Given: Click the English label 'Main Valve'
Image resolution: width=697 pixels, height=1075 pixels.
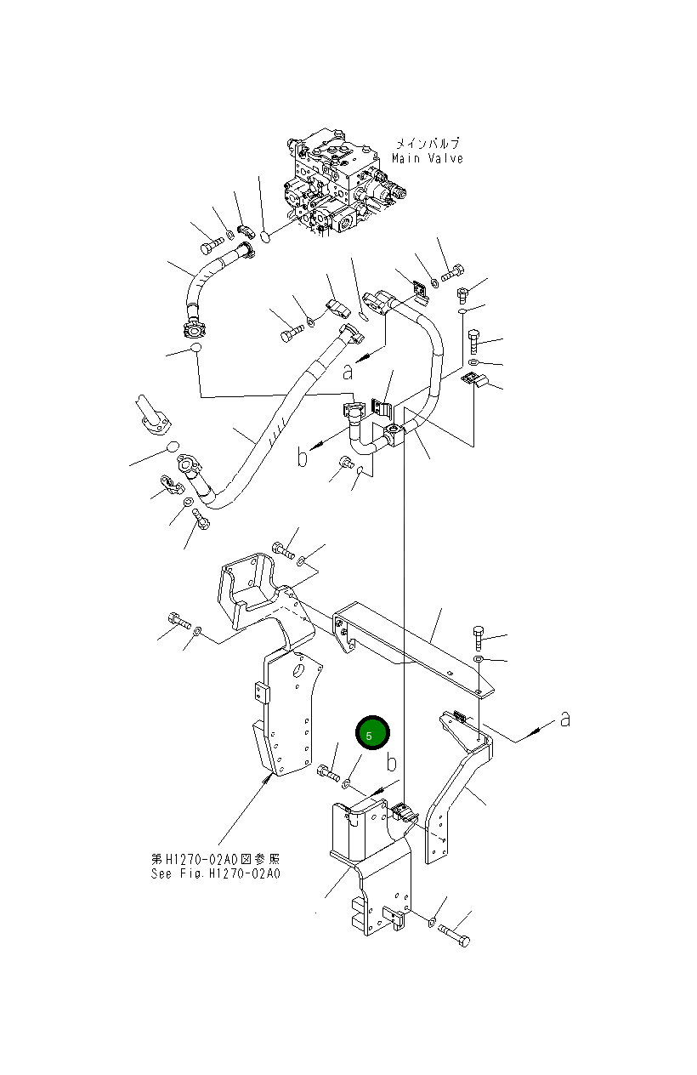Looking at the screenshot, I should (x=428, y=159).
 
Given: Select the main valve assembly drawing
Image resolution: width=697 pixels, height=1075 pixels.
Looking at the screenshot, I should (x=340, y=183).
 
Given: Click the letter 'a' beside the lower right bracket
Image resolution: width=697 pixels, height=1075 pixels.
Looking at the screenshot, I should (x=564, y=720).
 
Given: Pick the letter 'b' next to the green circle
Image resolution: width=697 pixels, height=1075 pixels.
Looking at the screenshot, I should (x=391, y=759).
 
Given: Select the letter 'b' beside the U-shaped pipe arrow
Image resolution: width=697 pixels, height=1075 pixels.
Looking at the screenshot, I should (x=303, y=457).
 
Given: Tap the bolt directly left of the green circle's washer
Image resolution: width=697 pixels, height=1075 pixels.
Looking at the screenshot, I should (x=327, y=773).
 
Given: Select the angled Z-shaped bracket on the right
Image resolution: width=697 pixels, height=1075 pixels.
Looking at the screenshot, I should (x=459, y=782).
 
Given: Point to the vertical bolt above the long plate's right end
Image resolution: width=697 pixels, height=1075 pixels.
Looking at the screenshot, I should (x=479, y=636).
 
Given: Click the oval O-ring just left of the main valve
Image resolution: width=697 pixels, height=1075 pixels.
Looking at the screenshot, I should (x=266, y=236).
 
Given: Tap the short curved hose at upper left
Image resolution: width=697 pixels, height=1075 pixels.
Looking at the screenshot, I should (x=204, y=281).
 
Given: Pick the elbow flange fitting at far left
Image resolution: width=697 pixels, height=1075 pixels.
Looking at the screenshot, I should (x=153, y=417).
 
